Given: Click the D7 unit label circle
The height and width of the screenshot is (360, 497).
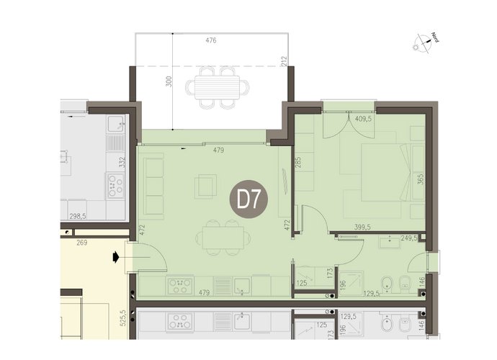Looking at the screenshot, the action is pyautogui.click(x=248, y=199).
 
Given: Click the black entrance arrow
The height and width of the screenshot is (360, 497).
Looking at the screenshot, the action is pyautogui.click(x=116, y=257).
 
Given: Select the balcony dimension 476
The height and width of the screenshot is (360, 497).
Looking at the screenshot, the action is pyautogui.click(x=211, y=40).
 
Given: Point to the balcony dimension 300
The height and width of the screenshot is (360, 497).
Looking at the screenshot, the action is pyautogui.click(x=169, y=81).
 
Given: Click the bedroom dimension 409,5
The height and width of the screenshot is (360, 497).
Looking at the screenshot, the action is pyautogui.click(x=363, y=119).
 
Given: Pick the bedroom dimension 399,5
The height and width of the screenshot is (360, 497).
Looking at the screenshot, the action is pyautogui.click(x=362, y=227).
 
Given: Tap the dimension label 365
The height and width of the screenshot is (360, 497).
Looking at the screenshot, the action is pyautogui.click(x=421, y=179).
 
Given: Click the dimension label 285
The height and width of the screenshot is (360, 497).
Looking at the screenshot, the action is pyautogui.click(x=298, y=163).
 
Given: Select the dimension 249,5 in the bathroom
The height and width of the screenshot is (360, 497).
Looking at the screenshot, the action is pyautogui.click(x=409, y=238).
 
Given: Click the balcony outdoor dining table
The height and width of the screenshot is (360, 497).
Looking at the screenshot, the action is pyautogui.click(x=218, y=87).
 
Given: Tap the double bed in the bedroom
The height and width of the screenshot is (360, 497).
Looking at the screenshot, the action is pyautogui.click(x=386, y=172).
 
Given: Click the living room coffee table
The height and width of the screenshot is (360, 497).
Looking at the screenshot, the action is pyautogui.click(x=206, y=186).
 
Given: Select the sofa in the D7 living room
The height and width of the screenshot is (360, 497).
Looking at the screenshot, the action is pyautogui.click(x=153, y=186).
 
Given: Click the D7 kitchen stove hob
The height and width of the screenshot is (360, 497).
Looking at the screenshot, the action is pyautogui.click(x=180, y=286).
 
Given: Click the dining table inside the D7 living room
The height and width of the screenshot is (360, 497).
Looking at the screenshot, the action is pyautogui.click(x=223, y=238).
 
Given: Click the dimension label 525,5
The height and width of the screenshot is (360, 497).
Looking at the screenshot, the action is pyautogui.click(x=123, y=318).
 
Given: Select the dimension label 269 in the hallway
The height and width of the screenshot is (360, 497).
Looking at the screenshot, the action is pyautogui.click(x=82, y=243).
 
